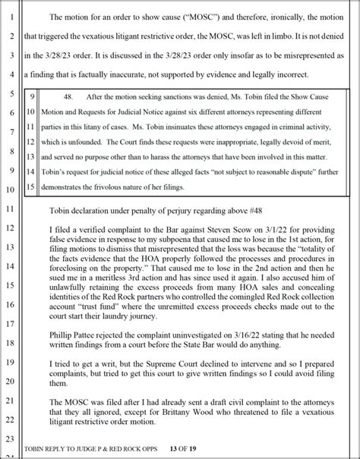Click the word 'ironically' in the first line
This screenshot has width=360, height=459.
tap(289, 16)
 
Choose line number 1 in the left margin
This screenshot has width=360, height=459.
tap(11, 16)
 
